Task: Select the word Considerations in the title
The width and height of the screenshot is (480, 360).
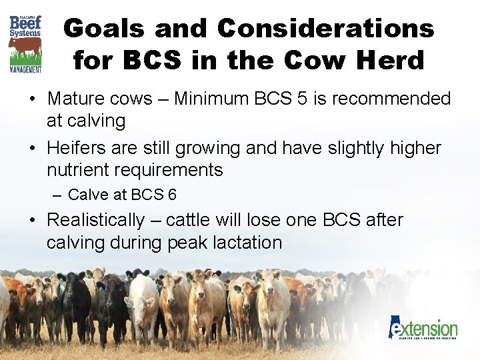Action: (325, 29)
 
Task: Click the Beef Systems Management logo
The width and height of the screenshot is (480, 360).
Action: (25, 43)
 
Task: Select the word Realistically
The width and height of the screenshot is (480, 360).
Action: (95, 219)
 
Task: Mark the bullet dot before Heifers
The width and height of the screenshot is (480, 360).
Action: (32, 147)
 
